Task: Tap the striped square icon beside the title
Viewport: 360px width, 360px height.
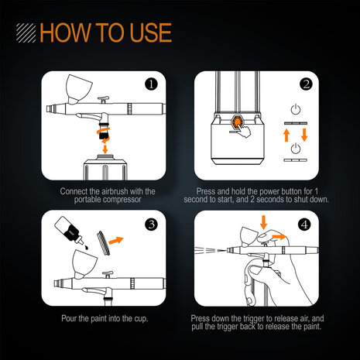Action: point(26,33)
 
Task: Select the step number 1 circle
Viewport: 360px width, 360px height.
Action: point(151,84)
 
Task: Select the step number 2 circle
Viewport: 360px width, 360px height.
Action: point(306,84)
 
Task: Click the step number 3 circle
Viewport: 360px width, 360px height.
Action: point(151,225)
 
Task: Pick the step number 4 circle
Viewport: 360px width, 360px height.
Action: point(304,225)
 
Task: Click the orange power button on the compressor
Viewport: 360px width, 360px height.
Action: point(237,122)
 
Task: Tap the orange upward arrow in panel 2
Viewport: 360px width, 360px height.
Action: point(286,135)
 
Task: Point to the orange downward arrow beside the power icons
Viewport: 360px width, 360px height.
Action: point(304,135)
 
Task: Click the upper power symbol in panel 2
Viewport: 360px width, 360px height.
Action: point(296,109)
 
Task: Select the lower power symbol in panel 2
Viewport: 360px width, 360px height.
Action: point(296,149)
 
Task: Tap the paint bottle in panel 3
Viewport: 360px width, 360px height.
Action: point(69,230)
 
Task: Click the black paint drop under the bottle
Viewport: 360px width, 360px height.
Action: point(87,247)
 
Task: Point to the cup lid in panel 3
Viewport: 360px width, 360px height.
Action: point(103,243)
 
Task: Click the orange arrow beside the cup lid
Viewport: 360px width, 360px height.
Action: point(116,240)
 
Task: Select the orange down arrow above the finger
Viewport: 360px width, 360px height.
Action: point(263,222)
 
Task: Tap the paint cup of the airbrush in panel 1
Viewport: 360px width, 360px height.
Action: point(78,89)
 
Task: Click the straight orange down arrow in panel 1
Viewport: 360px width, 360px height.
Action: point(105,149)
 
